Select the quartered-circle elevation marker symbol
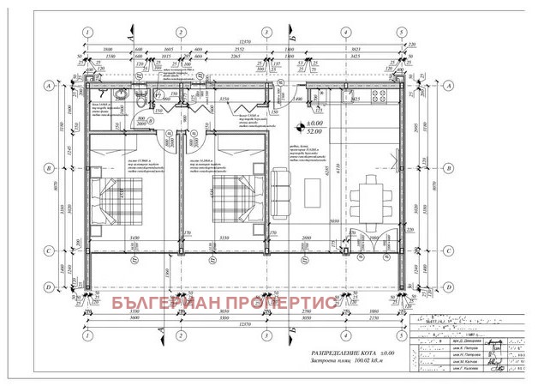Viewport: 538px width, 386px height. click(298, 124)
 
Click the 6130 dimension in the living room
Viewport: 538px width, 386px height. click(338, 176)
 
